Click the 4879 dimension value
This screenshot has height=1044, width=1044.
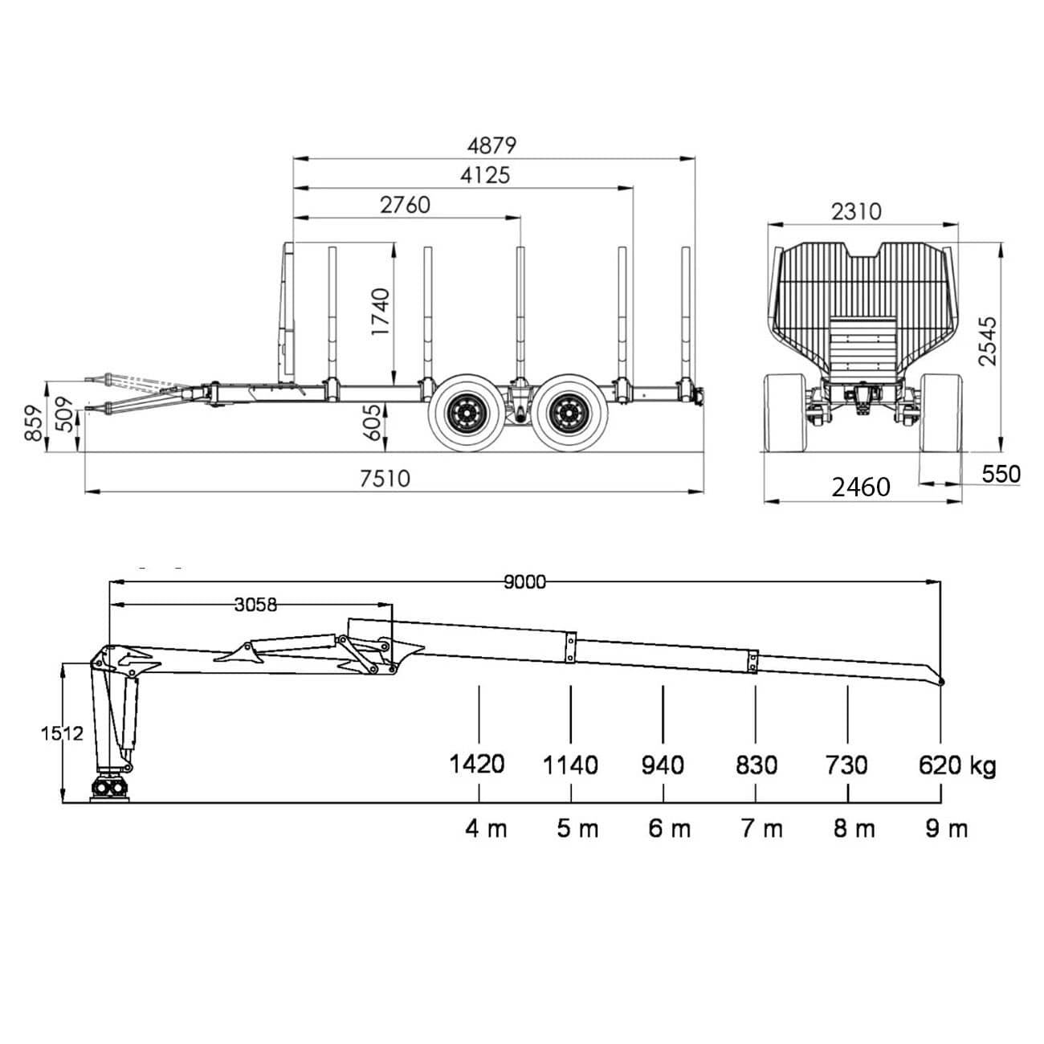[491, 145]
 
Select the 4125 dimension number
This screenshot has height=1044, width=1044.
[485, 175]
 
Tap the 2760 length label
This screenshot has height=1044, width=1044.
[405, 205]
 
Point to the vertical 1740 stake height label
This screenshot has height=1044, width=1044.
[381, 312]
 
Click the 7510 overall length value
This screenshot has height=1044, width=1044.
[385, 479]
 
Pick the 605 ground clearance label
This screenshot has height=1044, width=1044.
[372, 422]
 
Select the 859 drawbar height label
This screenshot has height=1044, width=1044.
[34, 422]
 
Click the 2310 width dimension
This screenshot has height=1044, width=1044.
[857, 211]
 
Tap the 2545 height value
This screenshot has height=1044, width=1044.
[987, 341]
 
